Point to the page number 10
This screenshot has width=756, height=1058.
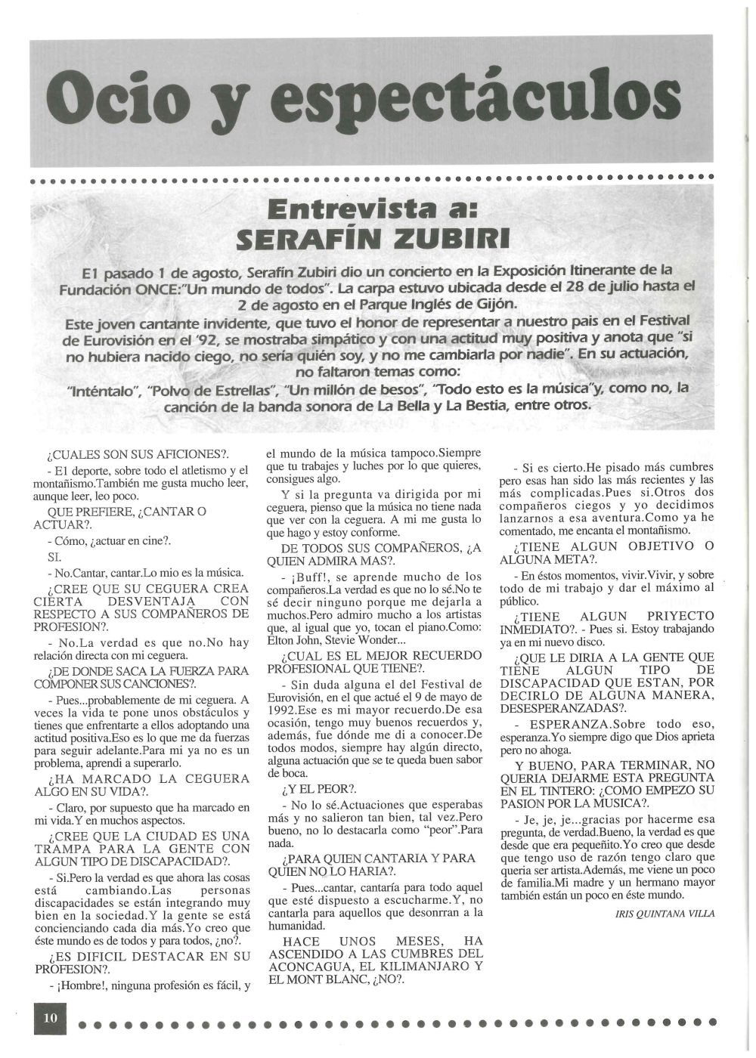(x=51, y=1017)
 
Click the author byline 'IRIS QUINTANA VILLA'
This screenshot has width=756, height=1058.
(x=666, y=913)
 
